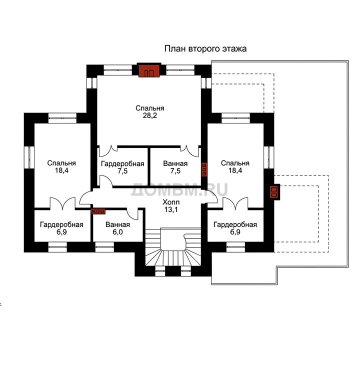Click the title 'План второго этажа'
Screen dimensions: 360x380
pyautogui.click(x=205, y=48)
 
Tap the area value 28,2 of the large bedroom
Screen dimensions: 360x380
pyautogui.click(x=150, y=115)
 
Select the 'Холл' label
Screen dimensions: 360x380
pyautogui.click(x=171, y=202)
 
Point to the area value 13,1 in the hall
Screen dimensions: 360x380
pyautogui.click(x=171, y=209)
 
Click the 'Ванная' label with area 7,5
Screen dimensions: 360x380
pyautogui.click(x=175, y=163)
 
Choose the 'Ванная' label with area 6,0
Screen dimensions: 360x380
pyautogui.click(x=117, y=224)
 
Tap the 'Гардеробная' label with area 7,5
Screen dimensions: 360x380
pyautogui.click(x=122, y=164)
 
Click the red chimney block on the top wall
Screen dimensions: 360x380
pyautogui.click(x=149, y=70)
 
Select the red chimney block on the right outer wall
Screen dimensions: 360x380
pyautogui.click(x=274, y=192)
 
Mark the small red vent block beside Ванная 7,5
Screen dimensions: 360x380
pyautogui.click(x=204, y=169)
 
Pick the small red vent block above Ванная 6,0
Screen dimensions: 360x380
pyautogui.click(x=98, y=211)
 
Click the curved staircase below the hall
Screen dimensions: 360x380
pyautogui.click(x=173, y=246)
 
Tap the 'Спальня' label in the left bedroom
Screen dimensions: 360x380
pyautogui.click(x=61, y=163)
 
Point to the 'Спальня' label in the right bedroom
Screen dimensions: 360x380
pyautogui.click(x=235, y=163)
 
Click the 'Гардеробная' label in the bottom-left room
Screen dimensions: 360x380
pyautogui.click(x=61, y=225)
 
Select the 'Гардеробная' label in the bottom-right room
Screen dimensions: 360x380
pyautogui.click(x=235, y=225)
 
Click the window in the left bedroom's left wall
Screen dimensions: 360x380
pyautogui.click(x=29, y=157)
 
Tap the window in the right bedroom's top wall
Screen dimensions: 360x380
pyautogui.click(x=235, y=118)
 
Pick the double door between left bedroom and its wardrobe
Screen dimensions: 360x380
pyautogui.click(x=62, y=204)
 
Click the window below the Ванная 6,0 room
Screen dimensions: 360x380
pyautogui.click(x=104, y=247)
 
